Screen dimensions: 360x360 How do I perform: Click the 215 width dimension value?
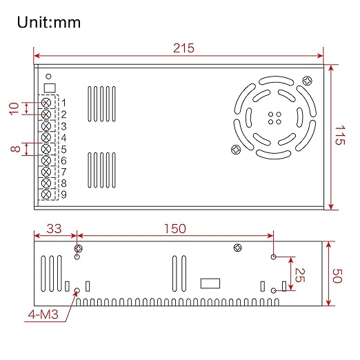point(183,48)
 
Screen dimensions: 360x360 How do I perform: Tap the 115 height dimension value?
point(340,135)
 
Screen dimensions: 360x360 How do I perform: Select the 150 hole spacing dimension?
point(175,229)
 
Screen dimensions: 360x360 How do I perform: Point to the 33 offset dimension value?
point(54,229)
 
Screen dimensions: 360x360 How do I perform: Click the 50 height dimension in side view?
point(337,276)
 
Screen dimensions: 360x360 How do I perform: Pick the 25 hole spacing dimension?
point(300,275)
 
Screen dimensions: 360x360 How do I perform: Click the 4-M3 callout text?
point(43,314)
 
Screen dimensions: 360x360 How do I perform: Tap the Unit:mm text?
point(49,22)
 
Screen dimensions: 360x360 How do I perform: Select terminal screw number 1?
point(46,103)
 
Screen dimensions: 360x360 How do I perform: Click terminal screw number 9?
point(46,194)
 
